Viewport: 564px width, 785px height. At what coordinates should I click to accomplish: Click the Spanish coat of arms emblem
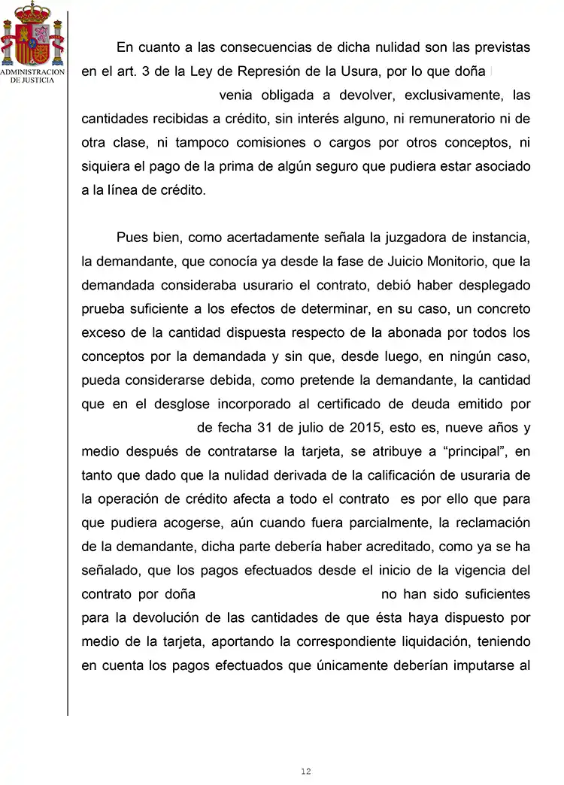coord(32,34)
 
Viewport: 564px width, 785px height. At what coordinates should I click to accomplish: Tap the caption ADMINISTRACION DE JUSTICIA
coord(32,76)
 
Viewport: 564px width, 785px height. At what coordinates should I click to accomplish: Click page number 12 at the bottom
coord(305,771)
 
